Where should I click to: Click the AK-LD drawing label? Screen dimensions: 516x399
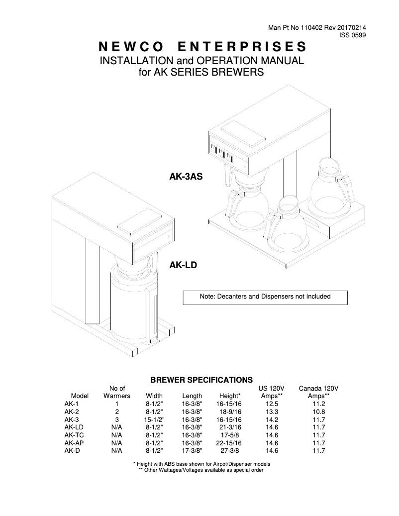[184, 265]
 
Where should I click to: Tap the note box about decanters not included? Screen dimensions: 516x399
[265, 297]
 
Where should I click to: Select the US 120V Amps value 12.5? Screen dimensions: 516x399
[272, 404]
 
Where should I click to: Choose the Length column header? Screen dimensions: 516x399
[192, 396]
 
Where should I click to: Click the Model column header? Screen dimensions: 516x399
[80, 396]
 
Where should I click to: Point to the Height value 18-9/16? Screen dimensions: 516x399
[229, 412]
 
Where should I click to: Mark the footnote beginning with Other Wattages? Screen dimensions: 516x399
[200, 470]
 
